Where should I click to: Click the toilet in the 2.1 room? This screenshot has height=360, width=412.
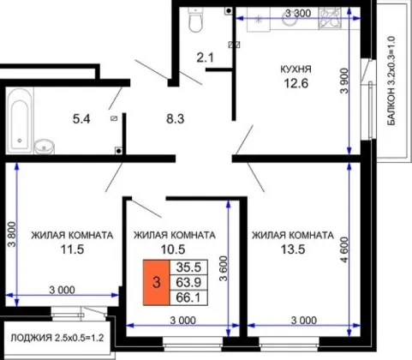click(195, 20)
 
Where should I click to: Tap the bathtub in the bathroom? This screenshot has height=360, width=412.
click(20, 121)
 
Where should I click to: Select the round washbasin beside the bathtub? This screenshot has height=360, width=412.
click(45, 147)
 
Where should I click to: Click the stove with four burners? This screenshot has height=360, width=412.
click(330, 18)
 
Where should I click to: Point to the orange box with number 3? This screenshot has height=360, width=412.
click(156, 283)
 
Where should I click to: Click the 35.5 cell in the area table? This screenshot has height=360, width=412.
click(188, 267)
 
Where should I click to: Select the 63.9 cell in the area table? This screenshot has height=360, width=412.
click(188, 283)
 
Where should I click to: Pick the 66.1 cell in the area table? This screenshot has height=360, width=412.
click(188, 297)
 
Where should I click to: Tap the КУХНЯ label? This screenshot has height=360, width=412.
click(296, 69)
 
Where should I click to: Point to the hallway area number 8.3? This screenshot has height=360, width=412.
click(176, 118)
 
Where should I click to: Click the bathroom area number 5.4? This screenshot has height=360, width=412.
click(81, 118)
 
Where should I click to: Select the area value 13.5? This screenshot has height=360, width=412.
click(293, 249)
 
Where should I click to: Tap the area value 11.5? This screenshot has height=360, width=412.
click(72, 249)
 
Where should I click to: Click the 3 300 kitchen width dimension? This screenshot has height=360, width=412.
click(298, 13)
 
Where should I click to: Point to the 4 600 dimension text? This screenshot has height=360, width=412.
click(344, 249)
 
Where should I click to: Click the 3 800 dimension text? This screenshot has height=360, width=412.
click(14, 234)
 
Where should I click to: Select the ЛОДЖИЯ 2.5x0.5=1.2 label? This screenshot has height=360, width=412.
click(57, 338)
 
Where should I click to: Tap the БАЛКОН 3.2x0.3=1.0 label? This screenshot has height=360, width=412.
click(391, 81)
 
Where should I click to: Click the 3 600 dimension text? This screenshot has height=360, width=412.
click(224, 268)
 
